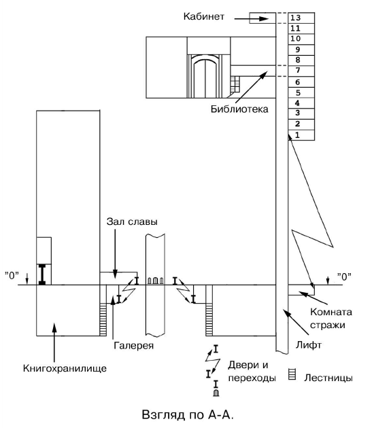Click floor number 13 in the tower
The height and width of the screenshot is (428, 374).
(x=295, y=18)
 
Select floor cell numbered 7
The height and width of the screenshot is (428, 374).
(x=298, y=71)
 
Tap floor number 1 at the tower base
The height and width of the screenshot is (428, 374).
(x=298, y=135)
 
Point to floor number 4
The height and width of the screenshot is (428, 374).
(x=297, y=103)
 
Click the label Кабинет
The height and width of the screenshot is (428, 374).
(x=204, y=16)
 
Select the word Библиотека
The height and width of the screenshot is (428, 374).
(x=239, y=109)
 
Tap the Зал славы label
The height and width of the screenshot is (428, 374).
(x=132, y=221)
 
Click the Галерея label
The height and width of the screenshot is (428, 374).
(x=133, y=346)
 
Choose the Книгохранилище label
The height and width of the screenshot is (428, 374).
(x=65, y=368)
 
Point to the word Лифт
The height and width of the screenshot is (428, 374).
(x=309, y=345)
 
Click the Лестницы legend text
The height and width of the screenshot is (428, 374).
(x=328, y=378)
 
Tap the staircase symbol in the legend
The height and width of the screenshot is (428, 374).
(x=292, y=374)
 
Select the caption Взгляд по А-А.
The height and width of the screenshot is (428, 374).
(x=188, y=414)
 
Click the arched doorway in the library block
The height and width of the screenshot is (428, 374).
(x=205, y=76)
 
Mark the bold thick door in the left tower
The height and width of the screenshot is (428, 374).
(x=42, y=274)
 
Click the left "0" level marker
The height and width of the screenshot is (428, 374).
(x=12, y=276)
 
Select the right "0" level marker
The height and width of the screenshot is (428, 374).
(x=344, y=277)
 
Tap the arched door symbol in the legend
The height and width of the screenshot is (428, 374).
(x=216, y=393)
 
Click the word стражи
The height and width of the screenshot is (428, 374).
(x=328, y=325)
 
